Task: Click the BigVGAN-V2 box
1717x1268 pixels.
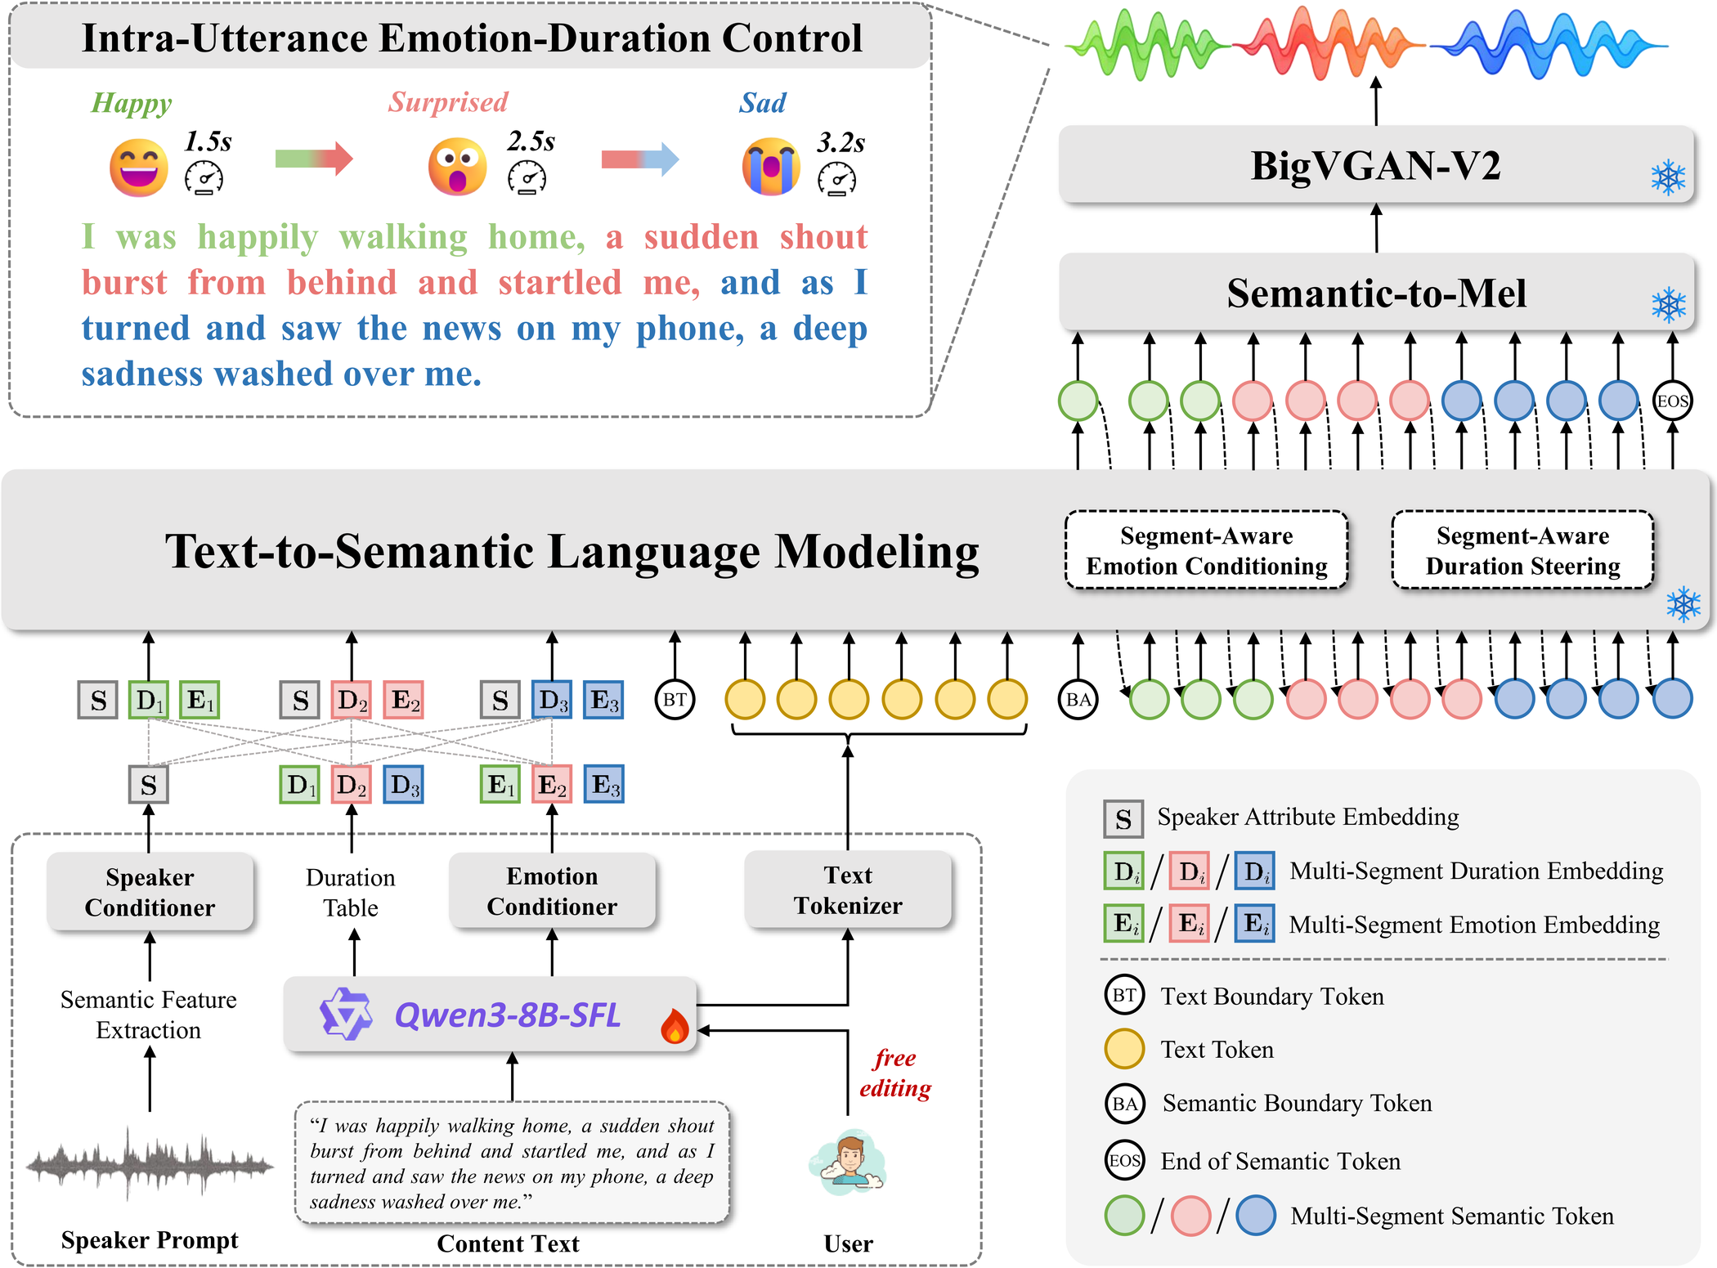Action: (1376, 164)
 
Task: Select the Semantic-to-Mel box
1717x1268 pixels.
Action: (1376, 293)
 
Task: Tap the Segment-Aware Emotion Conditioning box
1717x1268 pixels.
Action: (1207, 550)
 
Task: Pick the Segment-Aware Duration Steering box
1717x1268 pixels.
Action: (1522, 550)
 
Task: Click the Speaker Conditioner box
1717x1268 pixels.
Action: (150, 892)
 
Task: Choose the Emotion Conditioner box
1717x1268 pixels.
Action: (552, 891)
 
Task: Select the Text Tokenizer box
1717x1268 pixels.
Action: (848, 890)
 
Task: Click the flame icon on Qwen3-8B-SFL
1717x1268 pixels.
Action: (675, 1025)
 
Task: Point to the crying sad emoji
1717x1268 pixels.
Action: (771, 167)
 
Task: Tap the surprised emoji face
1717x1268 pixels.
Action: (457, 167)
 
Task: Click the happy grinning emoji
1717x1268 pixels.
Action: (139, 168)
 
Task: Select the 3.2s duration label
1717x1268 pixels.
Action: (841, 142)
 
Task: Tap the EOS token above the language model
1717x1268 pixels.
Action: (1672, 401)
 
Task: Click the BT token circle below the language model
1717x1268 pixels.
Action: (675, 700)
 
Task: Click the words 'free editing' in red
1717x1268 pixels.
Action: (895, 1073)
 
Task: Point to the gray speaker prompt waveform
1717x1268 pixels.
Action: (150, 1163)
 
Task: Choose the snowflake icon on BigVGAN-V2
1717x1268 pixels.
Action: (1668, 177)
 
